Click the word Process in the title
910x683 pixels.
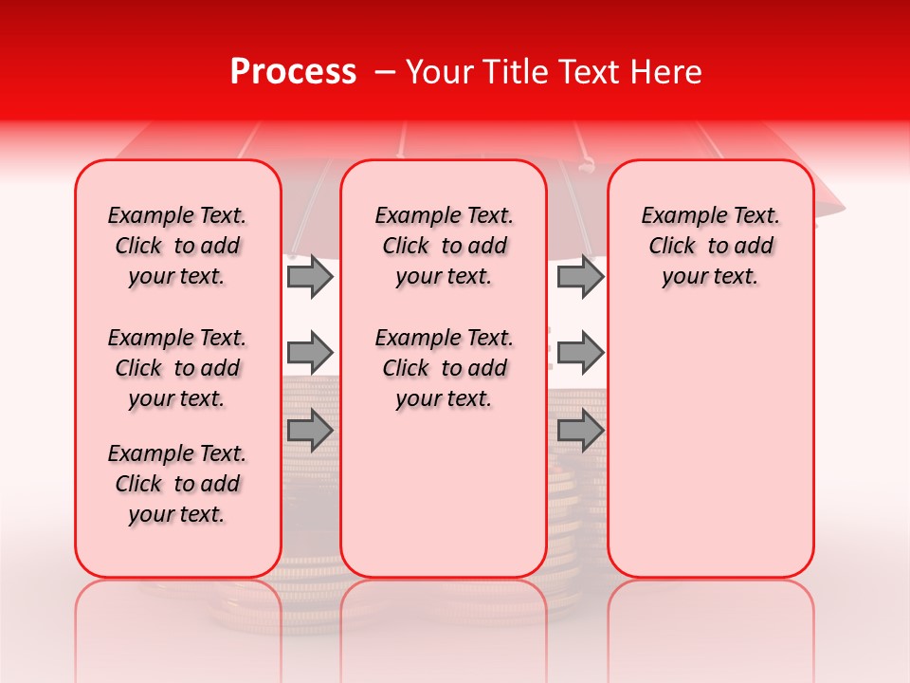coord(293,72)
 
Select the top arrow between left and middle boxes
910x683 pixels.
coord(310,276)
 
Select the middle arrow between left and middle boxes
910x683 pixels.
coord(310,353)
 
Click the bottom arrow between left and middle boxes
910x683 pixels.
coord(310,430)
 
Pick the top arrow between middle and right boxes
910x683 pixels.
coord(580,276)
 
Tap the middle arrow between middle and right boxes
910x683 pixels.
coord(580,353)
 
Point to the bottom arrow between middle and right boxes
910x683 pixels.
coord(580,430)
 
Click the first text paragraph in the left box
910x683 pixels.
coord(177,246)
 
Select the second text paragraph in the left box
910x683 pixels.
coord(177,368)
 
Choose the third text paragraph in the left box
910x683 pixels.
coord(177,484)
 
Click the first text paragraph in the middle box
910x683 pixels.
coord(444,246)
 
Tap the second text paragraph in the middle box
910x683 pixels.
coord(444,368)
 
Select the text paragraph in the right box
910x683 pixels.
coord(710,246)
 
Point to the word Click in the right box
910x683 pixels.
coord(672,247)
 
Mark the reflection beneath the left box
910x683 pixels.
coord(178,607)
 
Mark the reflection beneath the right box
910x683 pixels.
coord(710,607)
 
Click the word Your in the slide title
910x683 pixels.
coord(431,72)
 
